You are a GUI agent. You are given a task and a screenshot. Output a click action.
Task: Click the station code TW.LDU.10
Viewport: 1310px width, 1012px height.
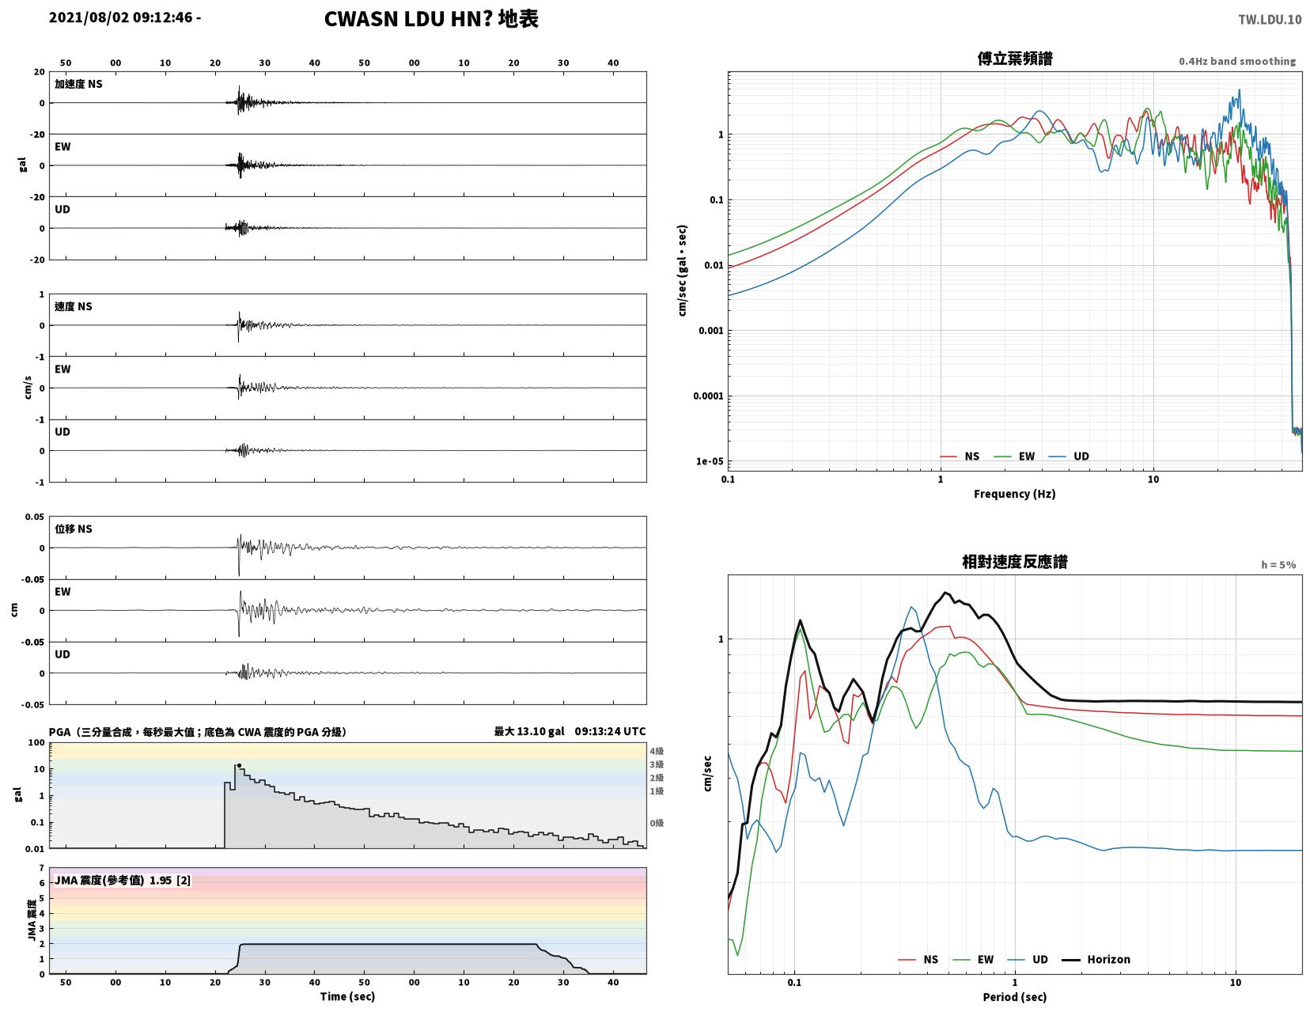(x=1270, y=20)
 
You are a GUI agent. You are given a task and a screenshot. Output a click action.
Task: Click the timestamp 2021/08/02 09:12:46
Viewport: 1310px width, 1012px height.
(x=120, y=17)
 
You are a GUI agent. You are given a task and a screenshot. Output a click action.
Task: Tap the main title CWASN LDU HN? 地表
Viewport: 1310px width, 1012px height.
(x=431, y=19)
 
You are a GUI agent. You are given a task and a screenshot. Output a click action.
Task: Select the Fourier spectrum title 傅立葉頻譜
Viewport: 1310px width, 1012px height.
(x=1015, y=59)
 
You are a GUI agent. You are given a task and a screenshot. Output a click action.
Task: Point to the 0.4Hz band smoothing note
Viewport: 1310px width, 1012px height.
(x=1237, y=61)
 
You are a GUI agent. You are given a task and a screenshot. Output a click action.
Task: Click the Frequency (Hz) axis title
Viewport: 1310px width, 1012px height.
(x=1015, y=494)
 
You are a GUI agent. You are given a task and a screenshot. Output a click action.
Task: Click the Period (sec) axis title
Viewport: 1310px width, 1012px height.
(x=1015, y=997)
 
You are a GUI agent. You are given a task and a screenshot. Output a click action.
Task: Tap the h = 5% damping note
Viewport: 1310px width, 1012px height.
(x=1278, y=565)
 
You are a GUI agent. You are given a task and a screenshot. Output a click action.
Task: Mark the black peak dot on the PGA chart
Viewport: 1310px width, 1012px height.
(x=240, y=765)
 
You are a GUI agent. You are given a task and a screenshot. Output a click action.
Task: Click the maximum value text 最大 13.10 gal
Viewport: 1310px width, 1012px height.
(x=528, y=731)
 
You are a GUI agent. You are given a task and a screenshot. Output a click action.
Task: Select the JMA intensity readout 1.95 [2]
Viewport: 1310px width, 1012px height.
(x=170, y=881)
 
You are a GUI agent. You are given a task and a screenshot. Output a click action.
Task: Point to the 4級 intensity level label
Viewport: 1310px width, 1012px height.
(x=657, y=751)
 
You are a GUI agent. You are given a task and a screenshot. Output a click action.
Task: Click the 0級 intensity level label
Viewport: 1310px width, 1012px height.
(x=657, y=823)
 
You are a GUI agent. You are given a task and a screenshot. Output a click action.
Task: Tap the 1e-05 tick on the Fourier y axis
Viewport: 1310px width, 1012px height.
(x=709, y=461)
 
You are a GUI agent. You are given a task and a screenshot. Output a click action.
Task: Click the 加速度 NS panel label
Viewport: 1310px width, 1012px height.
(x=78, y=84)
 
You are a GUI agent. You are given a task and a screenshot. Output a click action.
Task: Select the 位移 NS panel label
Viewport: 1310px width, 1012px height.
(x=74, y=529)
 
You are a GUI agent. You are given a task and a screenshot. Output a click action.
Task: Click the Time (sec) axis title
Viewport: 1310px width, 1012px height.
(x=347, y=996)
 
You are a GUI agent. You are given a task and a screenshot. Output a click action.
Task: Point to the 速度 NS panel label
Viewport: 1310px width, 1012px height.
(x=74, y=306)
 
